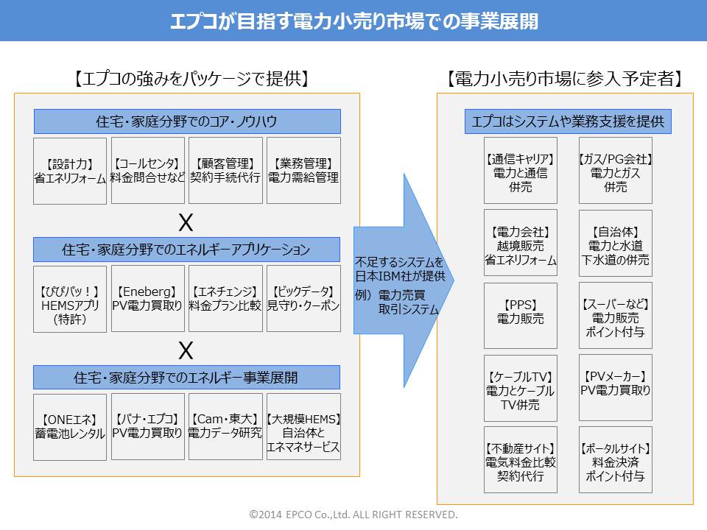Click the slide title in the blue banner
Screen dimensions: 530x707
pos(353,21)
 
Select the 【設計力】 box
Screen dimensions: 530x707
pos(70,170)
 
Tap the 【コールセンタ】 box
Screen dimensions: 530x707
pos(148,170)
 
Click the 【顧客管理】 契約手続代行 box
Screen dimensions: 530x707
pos(225,170)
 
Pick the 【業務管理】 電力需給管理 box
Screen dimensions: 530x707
pos(303,170)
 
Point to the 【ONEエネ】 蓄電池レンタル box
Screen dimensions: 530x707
pos(70,426)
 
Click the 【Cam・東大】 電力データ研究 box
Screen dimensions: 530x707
pos(225,426)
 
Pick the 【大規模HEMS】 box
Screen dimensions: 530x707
pos(303,426)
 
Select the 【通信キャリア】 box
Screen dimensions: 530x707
pos(520,170)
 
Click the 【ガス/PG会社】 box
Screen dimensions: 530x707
pos(616,170)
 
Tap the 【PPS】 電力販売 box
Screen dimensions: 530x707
pos(520,315)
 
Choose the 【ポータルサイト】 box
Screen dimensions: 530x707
pos(616,459)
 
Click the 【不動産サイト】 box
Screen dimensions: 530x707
pos(520,459)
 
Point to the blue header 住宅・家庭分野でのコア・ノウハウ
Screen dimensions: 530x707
pos(187,121)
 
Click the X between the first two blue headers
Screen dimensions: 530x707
pos(187,221)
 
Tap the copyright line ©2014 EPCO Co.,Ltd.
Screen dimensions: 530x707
pos(353,514)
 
